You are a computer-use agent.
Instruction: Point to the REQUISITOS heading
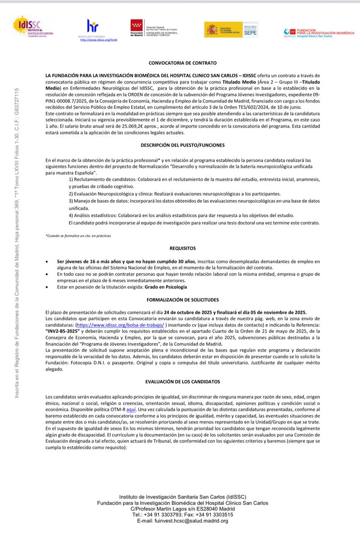click(183, 248)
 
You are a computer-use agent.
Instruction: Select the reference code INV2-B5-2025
click(63, 331)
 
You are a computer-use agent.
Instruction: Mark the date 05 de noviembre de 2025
click(279, 312)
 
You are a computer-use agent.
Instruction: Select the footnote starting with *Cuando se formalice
click(78, 236)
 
